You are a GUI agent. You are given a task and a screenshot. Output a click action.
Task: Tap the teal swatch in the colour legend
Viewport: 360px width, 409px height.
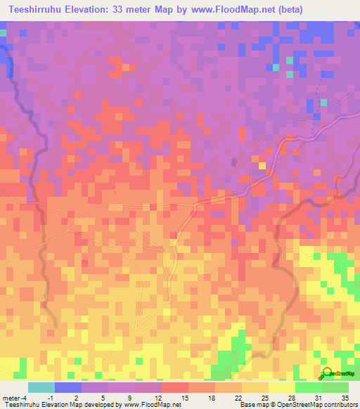(x=41, y=387)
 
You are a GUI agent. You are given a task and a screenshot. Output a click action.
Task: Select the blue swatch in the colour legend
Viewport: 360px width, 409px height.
(x=67, y=387)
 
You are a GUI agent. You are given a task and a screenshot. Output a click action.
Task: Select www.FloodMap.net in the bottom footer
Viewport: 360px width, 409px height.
(x=147, y=405)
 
